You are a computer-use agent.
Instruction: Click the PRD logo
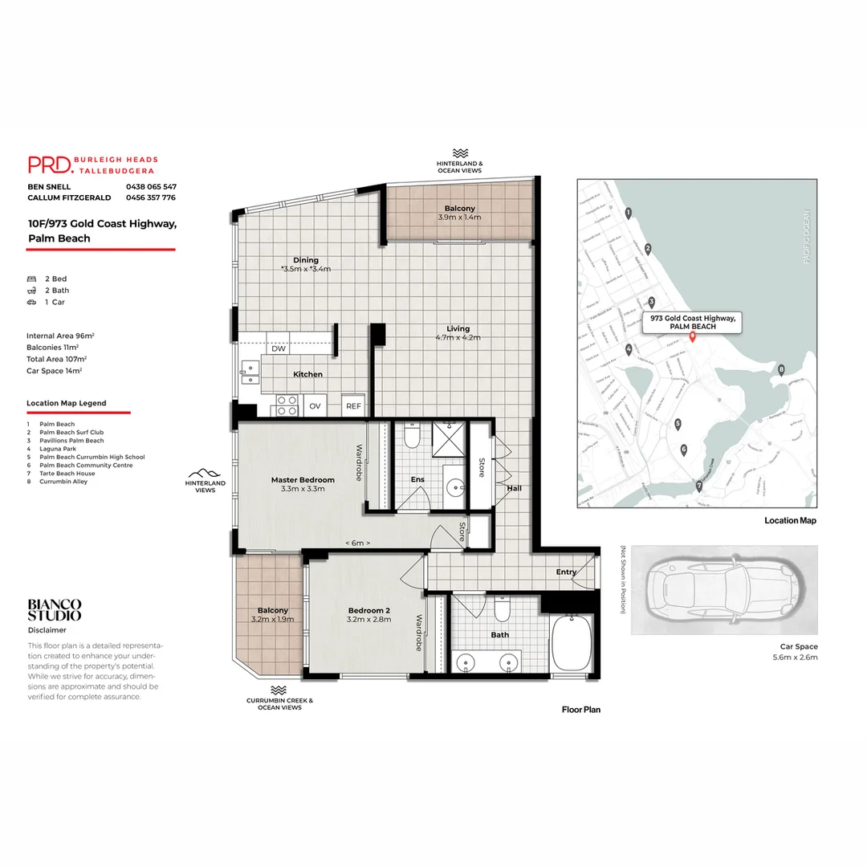pos(50,165)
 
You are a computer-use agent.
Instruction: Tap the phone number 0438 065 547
pos(151,186)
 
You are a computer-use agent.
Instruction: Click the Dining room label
pos(305,260)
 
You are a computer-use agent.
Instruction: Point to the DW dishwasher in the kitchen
pos(279,349)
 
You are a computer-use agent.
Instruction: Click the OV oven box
pos(315,406)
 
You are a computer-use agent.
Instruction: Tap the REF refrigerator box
pos(353,406)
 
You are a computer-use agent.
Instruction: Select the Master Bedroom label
pos(303,479)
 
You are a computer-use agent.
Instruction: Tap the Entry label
pos(566,572)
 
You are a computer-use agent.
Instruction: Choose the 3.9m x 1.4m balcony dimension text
pos(460,218)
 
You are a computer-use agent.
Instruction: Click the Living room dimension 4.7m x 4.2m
pos(458,338)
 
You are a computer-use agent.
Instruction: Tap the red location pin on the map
pos(692,336)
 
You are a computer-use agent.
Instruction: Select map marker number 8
pos(781,369)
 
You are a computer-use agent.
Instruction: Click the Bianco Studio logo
pos(55,610)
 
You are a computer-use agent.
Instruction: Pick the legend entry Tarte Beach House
pos(67,474)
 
